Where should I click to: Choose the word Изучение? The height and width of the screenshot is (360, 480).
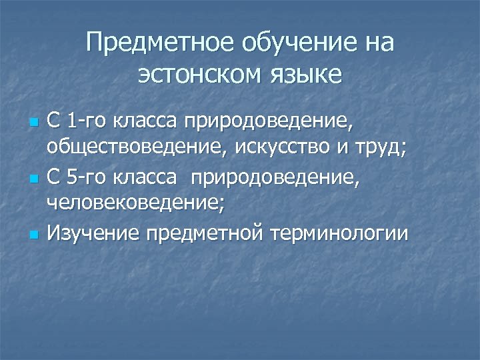tap(89, 233)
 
